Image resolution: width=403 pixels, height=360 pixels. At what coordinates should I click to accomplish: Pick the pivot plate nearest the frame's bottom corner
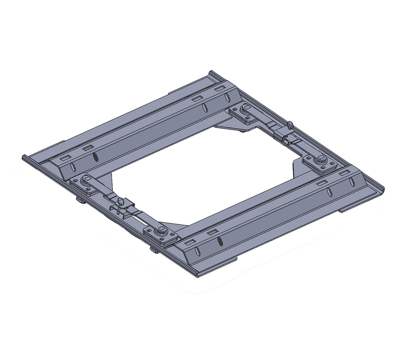click(x=161, y=233)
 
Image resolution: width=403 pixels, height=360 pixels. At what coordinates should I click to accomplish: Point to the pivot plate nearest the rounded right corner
click(x=321, y=161)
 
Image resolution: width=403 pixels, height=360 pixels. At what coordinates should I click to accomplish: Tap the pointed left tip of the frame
click(x=23, y=157)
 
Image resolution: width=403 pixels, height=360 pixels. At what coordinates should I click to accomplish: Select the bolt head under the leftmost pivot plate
click(x=79, y=200)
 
